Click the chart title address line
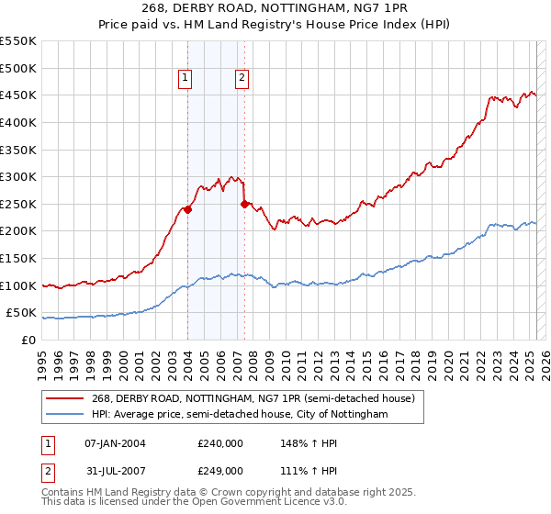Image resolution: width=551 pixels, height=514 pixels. tap(275, 7)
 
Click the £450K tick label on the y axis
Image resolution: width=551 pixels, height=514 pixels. tap(18, 95)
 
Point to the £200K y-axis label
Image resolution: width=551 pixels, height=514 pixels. tap(18, 230)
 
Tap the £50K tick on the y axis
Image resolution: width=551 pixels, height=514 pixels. tap(22, 313)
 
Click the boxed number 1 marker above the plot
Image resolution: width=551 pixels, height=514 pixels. tap(186, 79)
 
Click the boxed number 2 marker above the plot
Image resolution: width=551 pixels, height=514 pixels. tap(242, 79)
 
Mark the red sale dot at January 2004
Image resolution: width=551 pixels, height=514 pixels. tap(187, 209)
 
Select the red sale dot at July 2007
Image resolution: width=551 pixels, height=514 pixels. tap(244, 204)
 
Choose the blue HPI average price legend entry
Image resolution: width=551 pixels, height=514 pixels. tap(240, 415)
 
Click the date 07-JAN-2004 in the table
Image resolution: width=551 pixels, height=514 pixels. tap(115, 443)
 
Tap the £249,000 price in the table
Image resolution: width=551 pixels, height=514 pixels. tap(219, 471)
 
